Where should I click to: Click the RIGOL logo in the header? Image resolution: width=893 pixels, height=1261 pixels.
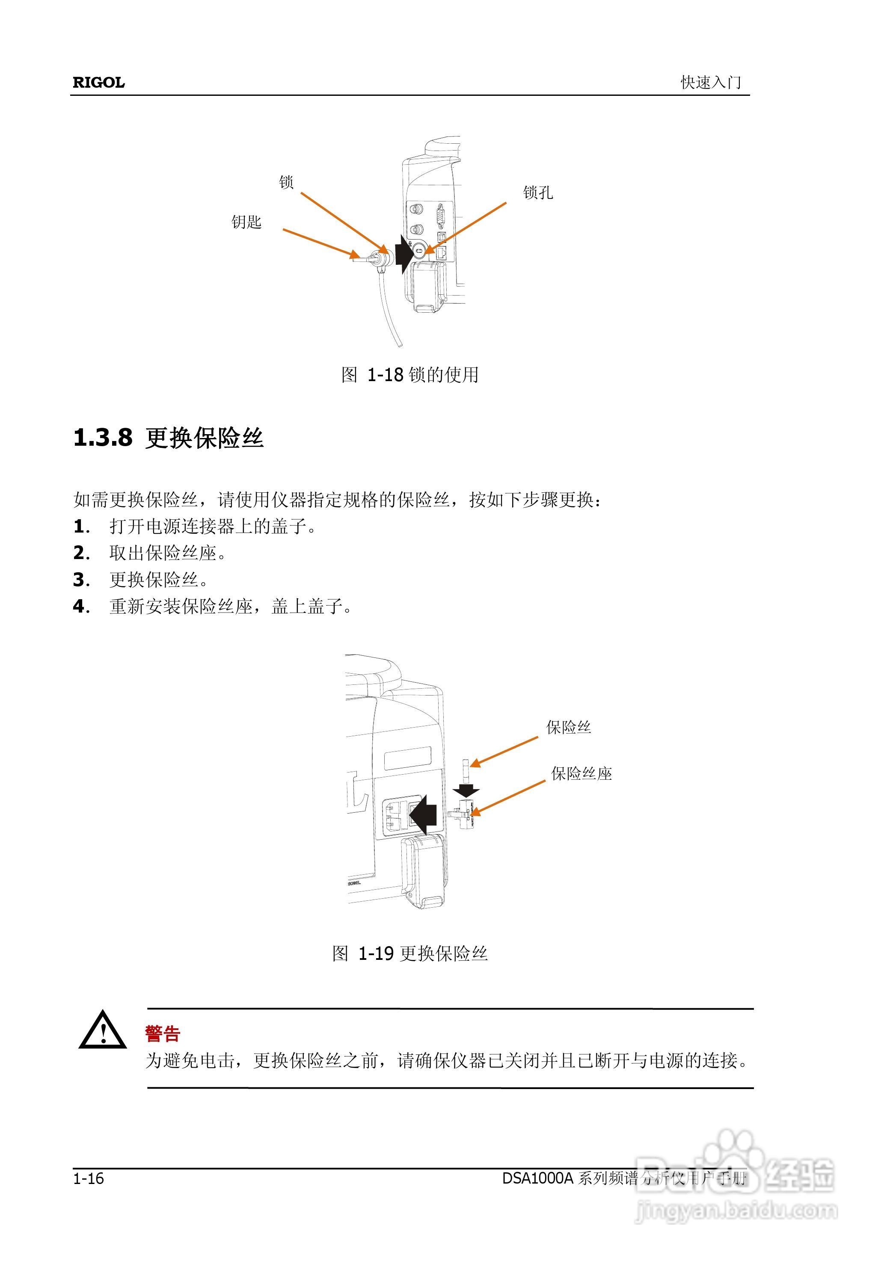point(98,83)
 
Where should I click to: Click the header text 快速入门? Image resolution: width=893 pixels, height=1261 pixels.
point(710,83)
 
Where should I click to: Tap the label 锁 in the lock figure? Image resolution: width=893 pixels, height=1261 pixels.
point(286,182)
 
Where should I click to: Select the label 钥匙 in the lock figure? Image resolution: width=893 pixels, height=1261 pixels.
point(246,222)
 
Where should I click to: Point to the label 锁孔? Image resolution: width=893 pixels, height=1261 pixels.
point(537,192)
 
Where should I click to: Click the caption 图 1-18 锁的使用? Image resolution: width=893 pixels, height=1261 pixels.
point(409,375)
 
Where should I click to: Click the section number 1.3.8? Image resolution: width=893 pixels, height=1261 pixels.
point(103,438)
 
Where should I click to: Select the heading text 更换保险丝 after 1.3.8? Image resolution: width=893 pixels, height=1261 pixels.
point(205,438)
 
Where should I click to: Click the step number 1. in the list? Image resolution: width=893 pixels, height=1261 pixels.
point(81,527)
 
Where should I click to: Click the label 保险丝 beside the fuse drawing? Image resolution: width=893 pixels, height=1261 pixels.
point(568,727)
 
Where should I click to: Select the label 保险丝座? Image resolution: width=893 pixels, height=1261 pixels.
point(581,774)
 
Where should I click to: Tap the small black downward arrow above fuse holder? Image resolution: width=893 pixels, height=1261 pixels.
point(466,790)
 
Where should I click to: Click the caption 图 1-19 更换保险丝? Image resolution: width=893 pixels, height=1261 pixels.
point(409,953)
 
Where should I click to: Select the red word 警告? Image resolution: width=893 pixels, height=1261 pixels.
point(163,1034)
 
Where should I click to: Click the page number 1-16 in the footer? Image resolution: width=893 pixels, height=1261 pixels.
point(89,1178)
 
